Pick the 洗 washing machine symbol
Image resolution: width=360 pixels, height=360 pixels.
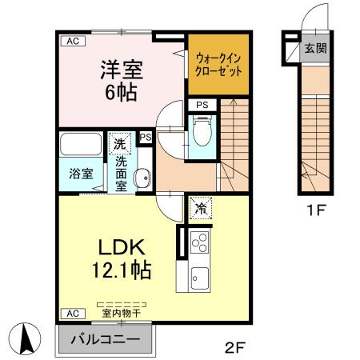tap(118, 145)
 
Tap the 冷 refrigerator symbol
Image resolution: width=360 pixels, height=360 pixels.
tap(199, 208)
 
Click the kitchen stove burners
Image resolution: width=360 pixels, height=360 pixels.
tap(200, 242)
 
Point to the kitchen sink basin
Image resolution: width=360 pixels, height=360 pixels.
tap(198, 280)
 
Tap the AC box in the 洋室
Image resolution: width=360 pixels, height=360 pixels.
tap(72, 40)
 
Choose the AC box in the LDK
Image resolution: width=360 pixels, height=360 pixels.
tap(72, 313)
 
